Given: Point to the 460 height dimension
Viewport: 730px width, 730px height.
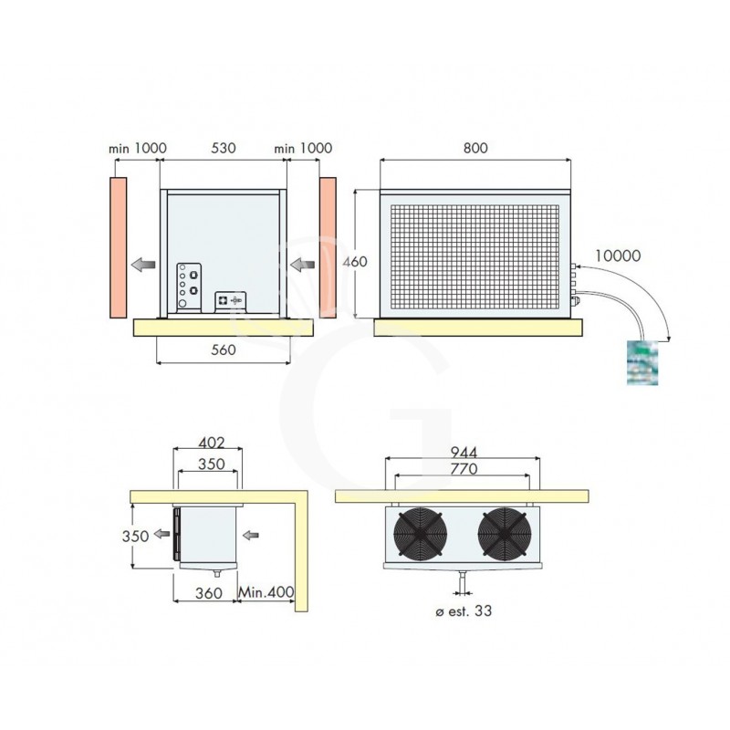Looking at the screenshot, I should click(354, 262).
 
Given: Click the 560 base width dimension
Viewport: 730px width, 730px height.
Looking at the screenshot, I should click(224, 349).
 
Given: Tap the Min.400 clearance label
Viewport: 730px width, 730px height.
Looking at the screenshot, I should click(266, 592).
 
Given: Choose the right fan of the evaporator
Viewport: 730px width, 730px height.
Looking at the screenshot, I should click(503, 533).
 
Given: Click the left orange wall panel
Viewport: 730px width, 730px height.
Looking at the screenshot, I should click(117, 246).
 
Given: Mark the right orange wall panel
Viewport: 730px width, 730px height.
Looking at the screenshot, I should click(328, 246).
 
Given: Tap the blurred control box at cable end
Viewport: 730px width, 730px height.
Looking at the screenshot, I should click(642, 363).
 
